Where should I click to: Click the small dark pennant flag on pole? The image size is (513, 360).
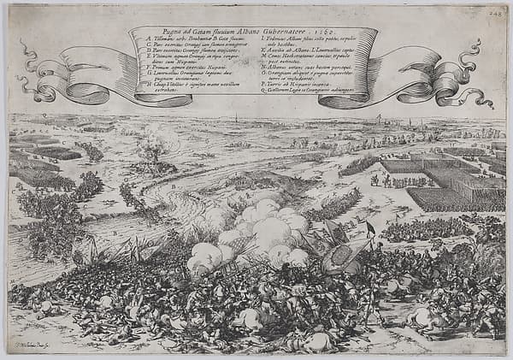(369, 227)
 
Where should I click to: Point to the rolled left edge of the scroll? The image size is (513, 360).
(135, 60)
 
